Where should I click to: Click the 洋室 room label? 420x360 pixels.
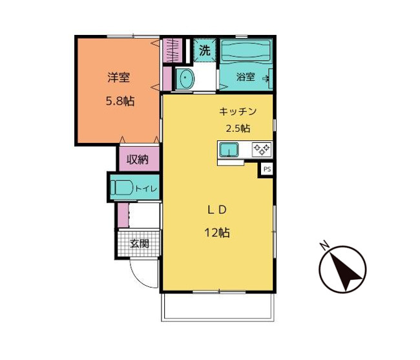coord(119,78)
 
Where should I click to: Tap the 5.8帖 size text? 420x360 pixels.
coord(120,101)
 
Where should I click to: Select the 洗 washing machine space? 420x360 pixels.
coord(205,50)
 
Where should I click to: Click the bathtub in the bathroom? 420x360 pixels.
coord(246,50)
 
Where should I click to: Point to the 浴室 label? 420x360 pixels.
coord(246,77)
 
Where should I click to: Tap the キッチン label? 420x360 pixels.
coord(238,111)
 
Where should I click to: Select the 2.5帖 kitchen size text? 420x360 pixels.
coord(238,129)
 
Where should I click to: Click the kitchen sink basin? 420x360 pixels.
coord(229,150)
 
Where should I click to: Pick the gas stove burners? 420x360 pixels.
coord(262,149)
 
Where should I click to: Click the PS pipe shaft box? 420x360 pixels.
coord(267,169)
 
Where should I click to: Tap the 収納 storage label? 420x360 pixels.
coord(138,160)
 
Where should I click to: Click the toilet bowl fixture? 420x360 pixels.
coord(122,187)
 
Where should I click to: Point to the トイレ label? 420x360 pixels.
coord(146,189)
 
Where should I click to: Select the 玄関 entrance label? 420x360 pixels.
coord(140,244)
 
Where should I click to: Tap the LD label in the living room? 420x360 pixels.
coord(217,210)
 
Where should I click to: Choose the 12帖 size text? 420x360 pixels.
coord(217,233)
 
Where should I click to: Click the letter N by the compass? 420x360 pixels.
coord(326,246)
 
